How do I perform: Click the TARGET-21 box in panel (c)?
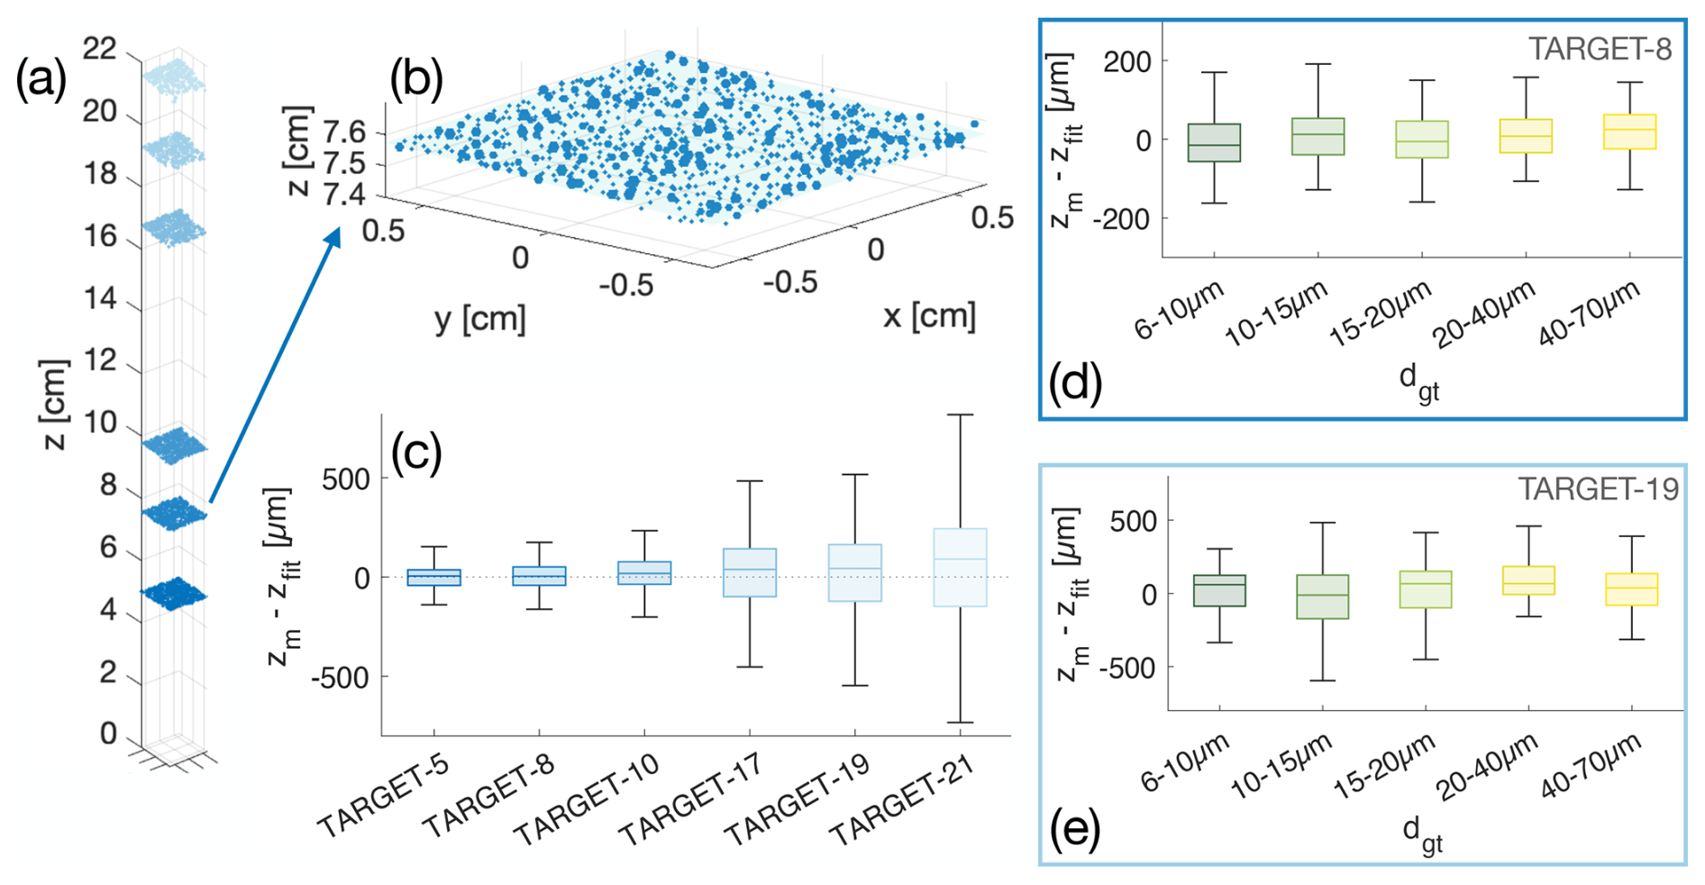[x=960, y=567]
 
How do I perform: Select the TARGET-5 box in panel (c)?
[x=433, y=578]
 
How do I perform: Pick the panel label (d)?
[x=1075, y=382]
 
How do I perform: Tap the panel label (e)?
[x=1075, y=829]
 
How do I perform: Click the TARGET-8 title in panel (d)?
[x=1600, y=49]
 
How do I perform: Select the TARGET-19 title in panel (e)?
[x=1598, y=489]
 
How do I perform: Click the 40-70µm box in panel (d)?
[x=1630, y=132]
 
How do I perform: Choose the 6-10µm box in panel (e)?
[x=1219, y=590]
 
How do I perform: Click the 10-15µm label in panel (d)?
[x=1277, y=314]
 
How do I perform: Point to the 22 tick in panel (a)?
[x=100, y=49]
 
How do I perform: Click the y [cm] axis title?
[x=480, y=318]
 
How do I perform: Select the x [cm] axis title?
[x=929, y=315]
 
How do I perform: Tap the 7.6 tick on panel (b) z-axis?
[x=344, y=132]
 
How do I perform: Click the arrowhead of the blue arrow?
[x=334, y=235]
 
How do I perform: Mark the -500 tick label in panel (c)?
[x=340, y=678]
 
